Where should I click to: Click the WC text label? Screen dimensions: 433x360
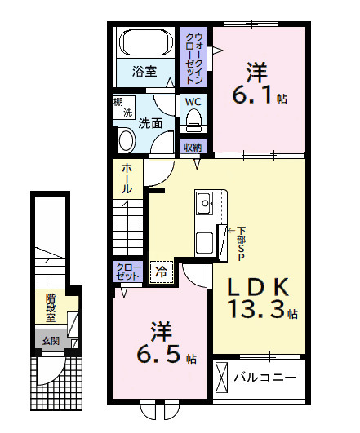pyautogui.click(x=193, y=102)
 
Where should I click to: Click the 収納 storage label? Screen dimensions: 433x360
pyautogui.click(x=193, y=148)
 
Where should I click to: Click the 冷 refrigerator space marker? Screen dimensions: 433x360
pyautogui.click(x=161, y=271)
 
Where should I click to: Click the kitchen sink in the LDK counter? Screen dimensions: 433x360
pyautogui.click(x=203, y=201)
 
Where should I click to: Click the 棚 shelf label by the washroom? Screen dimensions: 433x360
pyautogui.click(x=118, y=102)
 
